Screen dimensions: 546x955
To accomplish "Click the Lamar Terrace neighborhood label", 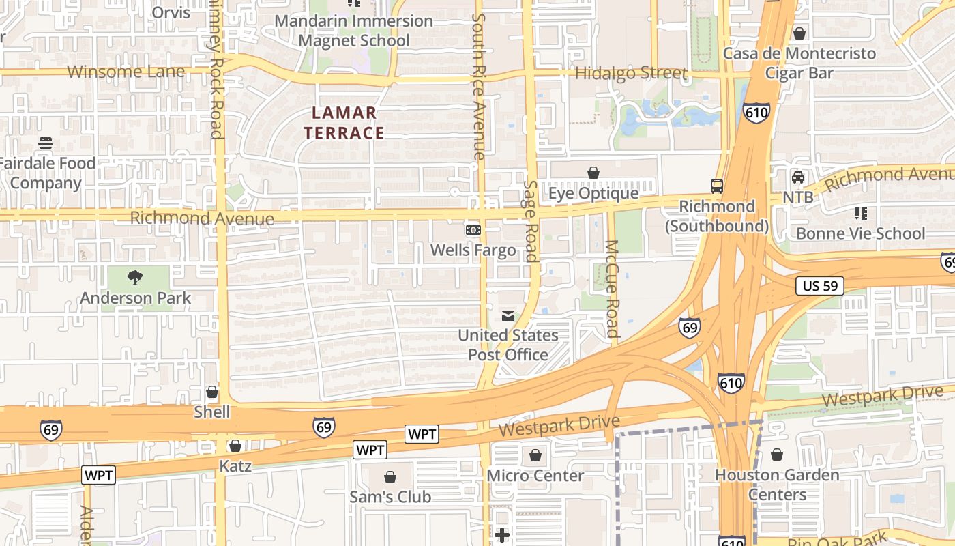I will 344,123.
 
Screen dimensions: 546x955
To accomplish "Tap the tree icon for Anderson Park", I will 135,278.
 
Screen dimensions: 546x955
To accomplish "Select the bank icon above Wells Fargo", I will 473,230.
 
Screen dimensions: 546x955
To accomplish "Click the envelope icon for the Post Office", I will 508,315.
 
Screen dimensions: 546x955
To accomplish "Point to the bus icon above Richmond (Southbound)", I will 717,186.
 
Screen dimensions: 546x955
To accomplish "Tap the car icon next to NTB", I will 797,177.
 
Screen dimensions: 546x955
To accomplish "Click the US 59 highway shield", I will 820,286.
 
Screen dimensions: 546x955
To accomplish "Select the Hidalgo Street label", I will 631,73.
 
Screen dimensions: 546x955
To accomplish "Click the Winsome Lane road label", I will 126,72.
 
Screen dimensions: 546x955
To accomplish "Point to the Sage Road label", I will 531,221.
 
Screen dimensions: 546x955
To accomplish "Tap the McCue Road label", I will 612,289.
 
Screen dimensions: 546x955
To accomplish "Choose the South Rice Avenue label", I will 480,87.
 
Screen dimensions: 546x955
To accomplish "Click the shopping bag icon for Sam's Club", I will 390,476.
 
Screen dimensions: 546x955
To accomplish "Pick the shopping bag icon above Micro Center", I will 535,455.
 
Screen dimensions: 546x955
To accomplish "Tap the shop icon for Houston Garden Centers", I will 777,455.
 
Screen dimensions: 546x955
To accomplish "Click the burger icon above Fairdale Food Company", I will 46,143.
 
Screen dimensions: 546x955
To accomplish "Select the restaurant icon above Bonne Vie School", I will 860,214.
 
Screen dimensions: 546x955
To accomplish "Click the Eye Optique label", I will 593,193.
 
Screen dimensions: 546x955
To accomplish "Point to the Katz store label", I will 235,467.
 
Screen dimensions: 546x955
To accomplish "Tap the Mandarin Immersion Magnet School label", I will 354,31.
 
